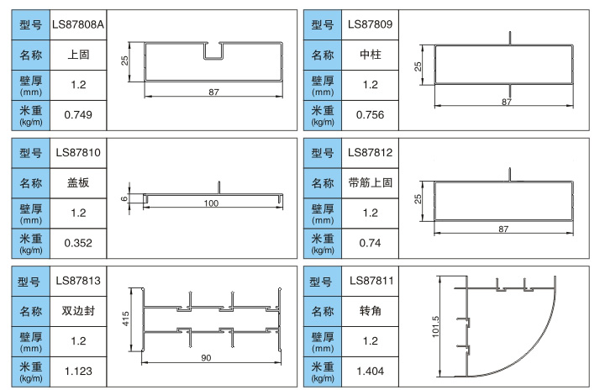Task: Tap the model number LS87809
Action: (370, 24)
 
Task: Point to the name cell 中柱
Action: (370, 55)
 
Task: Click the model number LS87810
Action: (78, 153)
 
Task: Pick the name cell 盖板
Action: (78, 182)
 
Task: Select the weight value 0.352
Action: (78, 243)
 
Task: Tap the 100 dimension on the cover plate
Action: (210, 204)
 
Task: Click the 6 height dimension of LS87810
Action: (124, 198)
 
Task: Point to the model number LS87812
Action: (370, 153)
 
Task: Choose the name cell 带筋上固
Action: (370, 182)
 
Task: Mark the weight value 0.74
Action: (370, 243)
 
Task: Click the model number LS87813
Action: (78, 281)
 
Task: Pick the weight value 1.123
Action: (78, 371)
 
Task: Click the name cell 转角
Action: (370, 311)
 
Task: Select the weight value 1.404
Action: (370, 371)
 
